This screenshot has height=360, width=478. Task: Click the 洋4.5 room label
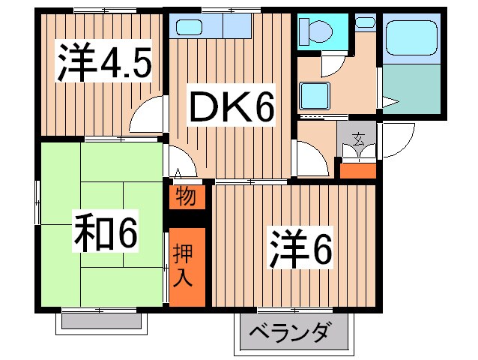[x=104, y=64]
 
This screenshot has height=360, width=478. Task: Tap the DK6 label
[x=229, y=109]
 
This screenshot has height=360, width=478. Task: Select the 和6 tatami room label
[x=106, y=235]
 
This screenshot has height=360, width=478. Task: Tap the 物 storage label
[x=185, y=197]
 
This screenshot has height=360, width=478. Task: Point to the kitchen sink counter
[x=214, y=28]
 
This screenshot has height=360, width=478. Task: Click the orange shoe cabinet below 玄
[x=358, y=169]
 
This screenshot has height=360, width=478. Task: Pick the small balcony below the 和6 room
[x=102, y=321]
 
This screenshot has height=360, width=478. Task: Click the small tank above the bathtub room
[x=366, y=23]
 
